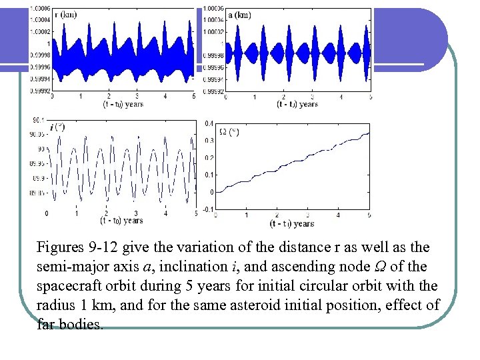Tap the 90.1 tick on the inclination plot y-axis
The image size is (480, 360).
[x=39, y=120]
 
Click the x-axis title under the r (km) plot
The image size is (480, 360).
[x=123, y=104]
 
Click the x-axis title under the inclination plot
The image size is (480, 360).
[x=121, y=220]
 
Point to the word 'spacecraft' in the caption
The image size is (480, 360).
[x=66, y=286]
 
